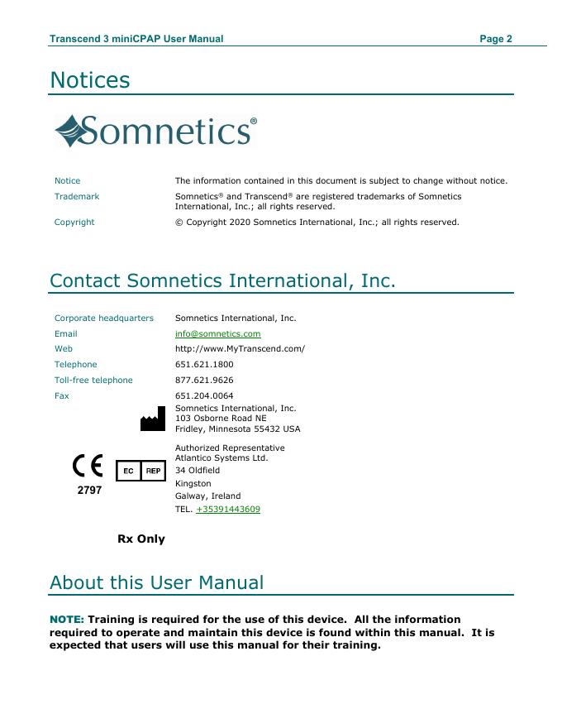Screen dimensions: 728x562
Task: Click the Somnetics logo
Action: click(x=155, y=132)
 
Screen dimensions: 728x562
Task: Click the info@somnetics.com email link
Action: click(x=217, y=333)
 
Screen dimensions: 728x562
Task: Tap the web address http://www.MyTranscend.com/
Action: click(x=240, y=349)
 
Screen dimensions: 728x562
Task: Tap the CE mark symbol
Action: click(x=88, y=468)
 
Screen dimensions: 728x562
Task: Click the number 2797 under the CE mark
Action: click(x=89, y=491)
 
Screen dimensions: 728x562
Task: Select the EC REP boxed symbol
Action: click(x=140, y=471)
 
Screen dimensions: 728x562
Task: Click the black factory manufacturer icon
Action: click(x=152, y=421)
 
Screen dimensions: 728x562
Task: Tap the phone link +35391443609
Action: click(x=227, y=510)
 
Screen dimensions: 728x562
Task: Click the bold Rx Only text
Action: click(x=141, y=539)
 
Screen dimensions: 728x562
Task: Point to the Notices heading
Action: click(x=90, y=80)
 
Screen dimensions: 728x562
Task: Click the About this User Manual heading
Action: click(x=157, y=582)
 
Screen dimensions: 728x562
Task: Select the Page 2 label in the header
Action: click(x=496, y=39)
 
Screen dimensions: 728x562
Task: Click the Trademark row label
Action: click(x=77, y=197)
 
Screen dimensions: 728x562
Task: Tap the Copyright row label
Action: click(x=74, y=223)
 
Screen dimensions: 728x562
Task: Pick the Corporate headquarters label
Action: click(x=104, y=318)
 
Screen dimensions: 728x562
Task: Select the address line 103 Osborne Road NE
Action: click(x=221, y=419)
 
